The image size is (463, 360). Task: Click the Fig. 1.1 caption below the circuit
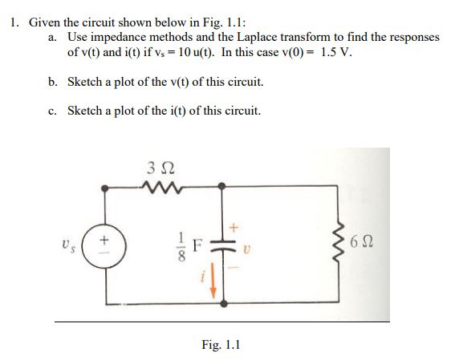(x=221, y=346)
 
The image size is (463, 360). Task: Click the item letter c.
(x=52, y=111)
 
